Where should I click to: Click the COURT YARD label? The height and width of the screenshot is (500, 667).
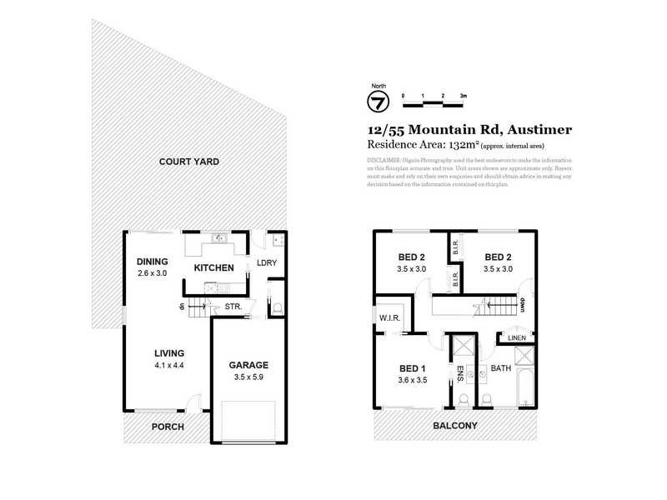click(189, 161)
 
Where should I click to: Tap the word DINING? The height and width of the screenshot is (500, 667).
click(153, 261)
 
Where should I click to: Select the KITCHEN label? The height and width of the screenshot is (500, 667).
click(213, 268)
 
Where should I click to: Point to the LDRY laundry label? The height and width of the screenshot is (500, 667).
click(267, 264)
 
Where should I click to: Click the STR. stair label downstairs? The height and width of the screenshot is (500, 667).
click(233, 307)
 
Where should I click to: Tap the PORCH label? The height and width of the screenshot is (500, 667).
click(167, 427)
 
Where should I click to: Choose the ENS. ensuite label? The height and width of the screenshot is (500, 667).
click(460, 372)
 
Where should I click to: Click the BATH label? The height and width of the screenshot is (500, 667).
click(501, 367)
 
